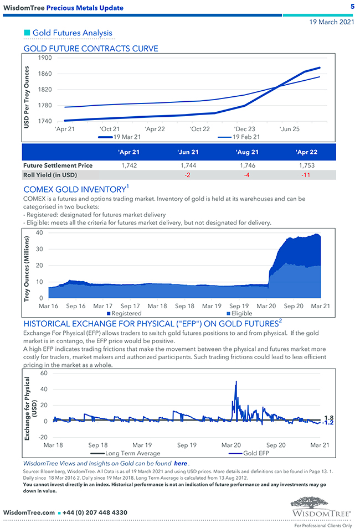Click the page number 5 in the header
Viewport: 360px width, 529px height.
pos(352,7)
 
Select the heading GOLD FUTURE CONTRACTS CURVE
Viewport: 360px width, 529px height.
pos(91,49)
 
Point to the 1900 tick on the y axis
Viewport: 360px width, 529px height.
pos(45,58)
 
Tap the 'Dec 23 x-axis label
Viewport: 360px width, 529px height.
pos(244,128)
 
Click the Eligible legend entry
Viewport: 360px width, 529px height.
pos(241,314)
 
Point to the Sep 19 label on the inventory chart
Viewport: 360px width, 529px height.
pos(239,306)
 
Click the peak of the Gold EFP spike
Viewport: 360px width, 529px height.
pos(236,381)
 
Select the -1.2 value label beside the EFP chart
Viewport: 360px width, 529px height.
pos(328,423)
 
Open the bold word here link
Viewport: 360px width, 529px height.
pos(181,463)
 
